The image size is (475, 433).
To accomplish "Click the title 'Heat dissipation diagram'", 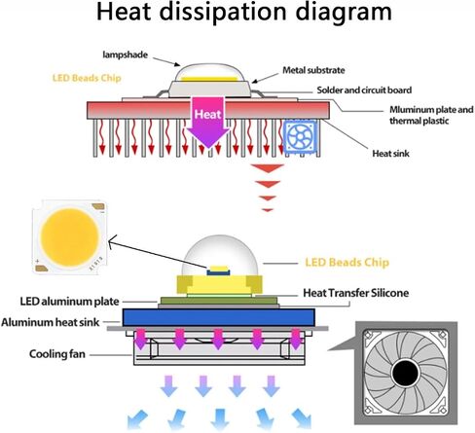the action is tap(244, 13).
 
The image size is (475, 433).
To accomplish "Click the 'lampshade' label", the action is tap(126, 54).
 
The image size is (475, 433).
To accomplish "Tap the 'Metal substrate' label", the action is tap(313, 70).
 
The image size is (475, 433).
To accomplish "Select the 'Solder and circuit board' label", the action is tap(364, 90).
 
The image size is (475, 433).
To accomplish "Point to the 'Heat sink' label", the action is tap(390, 153).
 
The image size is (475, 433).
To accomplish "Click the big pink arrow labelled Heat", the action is tap(207, 122).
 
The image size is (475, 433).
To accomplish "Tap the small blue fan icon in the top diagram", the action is tap(300, 135).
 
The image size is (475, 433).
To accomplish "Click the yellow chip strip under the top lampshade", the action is tap(209, 79).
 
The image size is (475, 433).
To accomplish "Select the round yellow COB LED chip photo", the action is tap(69, 237).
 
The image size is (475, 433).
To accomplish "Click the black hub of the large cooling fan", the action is tap(406, 373).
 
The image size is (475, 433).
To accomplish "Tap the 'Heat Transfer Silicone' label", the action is tap(355, 293).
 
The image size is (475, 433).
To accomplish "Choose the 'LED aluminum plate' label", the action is tap(70, 302).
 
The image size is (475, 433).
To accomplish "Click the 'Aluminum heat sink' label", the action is tap(51, 322).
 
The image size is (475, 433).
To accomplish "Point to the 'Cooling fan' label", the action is tap(57, 354).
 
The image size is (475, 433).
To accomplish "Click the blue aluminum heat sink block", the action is tap(219, 317).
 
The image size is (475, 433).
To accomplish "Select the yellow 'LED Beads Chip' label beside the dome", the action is tap(347, 263).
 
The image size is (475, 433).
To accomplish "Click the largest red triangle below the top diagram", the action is tap(268, 168).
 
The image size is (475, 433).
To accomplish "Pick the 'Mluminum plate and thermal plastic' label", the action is tap(431, 115).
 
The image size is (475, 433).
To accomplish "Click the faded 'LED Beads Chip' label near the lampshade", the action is tap(87, 78).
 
